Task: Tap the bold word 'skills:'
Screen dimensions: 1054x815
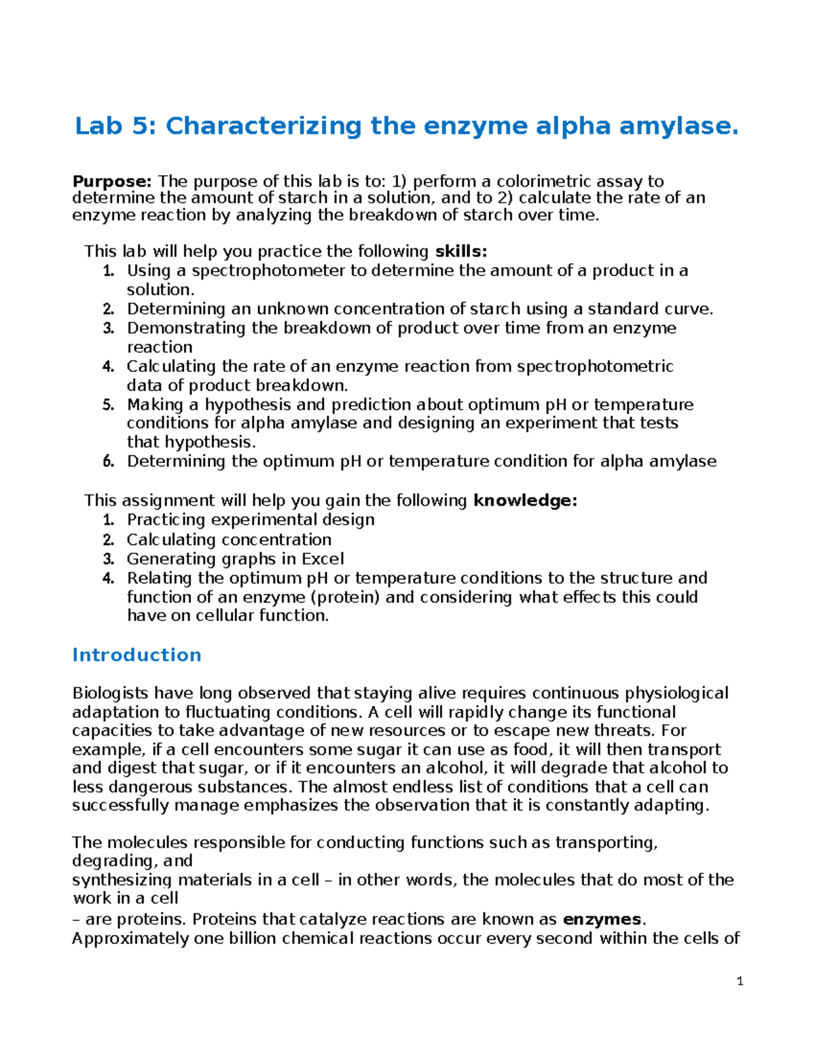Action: (x=460, y=252)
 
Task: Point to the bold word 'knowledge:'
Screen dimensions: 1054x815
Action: (x=525, y=501)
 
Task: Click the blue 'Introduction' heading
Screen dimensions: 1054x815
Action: (x=137, y=655)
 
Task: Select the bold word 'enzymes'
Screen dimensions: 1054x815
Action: (x=602, y=920)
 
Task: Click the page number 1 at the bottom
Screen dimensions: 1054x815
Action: (x=740, y=981)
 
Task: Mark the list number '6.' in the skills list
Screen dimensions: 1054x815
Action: (x=109, y=462)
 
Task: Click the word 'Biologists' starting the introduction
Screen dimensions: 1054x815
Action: (x=110, y=693)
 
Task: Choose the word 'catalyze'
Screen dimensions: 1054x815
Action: (x=331, y=920)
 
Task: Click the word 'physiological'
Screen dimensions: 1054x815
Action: (x=676, y=693)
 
